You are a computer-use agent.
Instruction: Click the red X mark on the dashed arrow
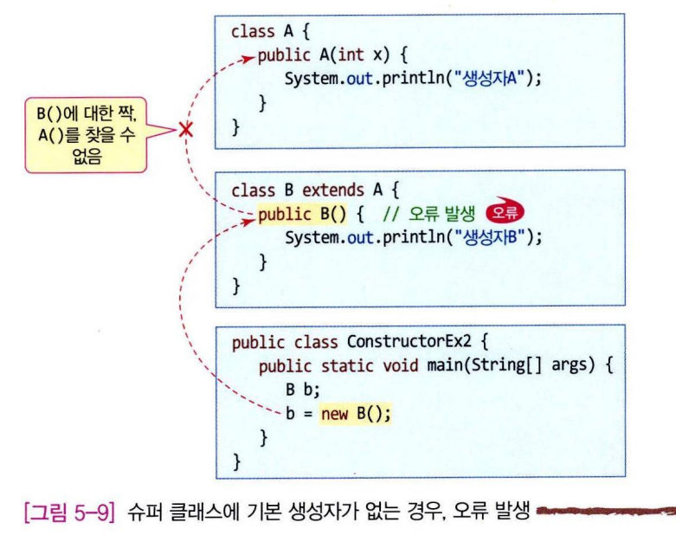pos(185,131)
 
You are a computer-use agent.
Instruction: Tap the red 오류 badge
pos(507,214)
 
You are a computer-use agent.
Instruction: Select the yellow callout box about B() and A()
pos(84,132)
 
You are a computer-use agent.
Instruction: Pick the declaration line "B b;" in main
pos(296,390)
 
